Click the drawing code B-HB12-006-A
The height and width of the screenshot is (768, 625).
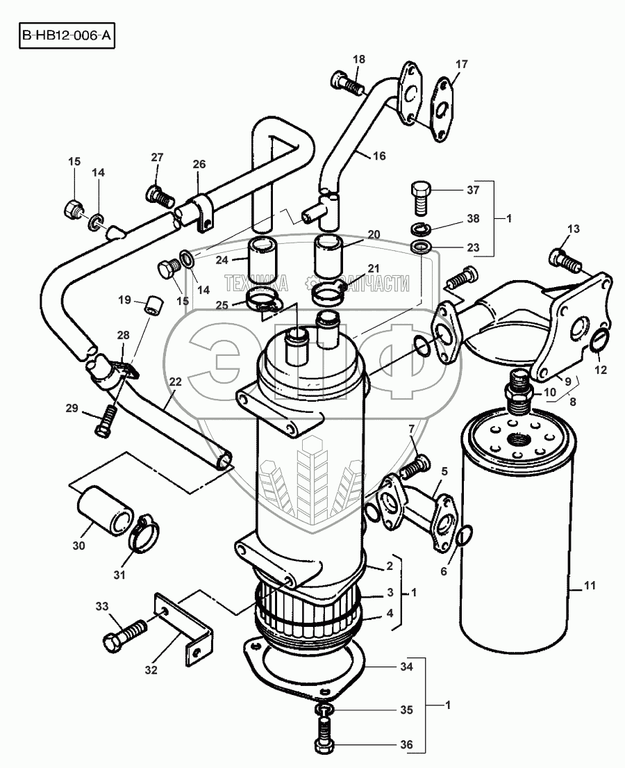[66, 35]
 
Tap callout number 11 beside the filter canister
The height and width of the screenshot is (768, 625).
[590, 588]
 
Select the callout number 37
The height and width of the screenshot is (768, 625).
[472, 190]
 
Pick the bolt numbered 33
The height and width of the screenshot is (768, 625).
[126, 633]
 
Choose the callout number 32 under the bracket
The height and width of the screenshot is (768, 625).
[151, 671]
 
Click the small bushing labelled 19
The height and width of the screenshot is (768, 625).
[153, 305]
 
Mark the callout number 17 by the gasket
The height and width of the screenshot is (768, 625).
[462, 65]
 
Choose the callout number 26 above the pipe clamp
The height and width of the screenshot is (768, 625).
[199, 165]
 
